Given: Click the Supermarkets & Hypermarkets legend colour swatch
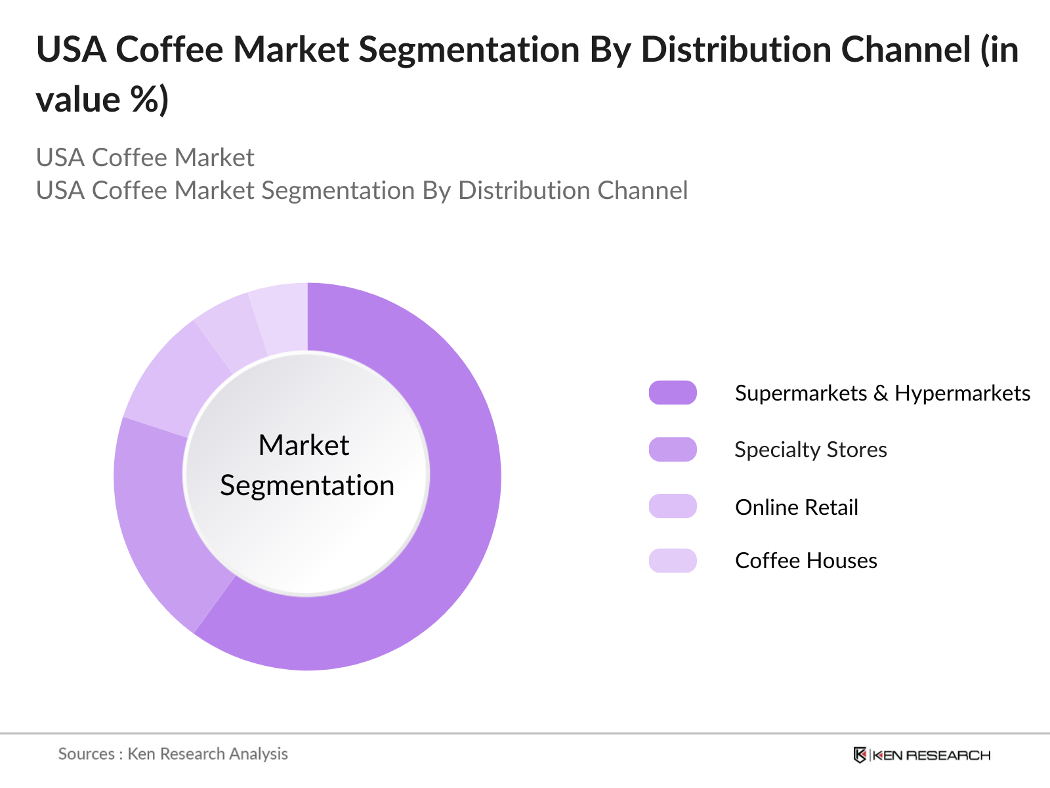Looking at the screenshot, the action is (x=673, y=393).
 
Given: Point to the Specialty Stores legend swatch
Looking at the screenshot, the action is (x=673, y=450).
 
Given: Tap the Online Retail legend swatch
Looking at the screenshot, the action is (x=673, y=506).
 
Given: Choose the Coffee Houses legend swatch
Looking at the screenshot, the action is (x=673, y=561).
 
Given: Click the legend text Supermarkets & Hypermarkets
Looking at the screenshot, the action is (x=883, y=393).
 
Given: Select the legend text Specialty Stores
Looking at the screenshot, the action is (x=811, y=450).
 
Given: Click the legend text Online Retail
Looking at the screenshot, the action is (x=797, y=507).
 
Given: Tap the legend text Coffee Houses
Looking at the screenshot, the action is (x=806, y=561).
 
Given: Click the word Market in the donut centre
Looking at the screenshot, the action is (x=304, y=445).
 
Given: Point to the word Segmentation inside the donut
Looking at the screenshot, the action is (x=307, y=486).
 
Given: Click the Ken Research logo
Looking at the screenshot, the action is (x=922, y=755).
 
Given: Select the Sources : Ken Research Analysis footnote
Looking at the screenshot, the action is (x=173, y=754).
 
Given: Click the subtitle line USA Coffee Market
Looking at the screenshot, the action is (x=145, y=158).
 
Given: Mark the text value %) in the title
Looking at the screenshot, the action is (x=102, y=100).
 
